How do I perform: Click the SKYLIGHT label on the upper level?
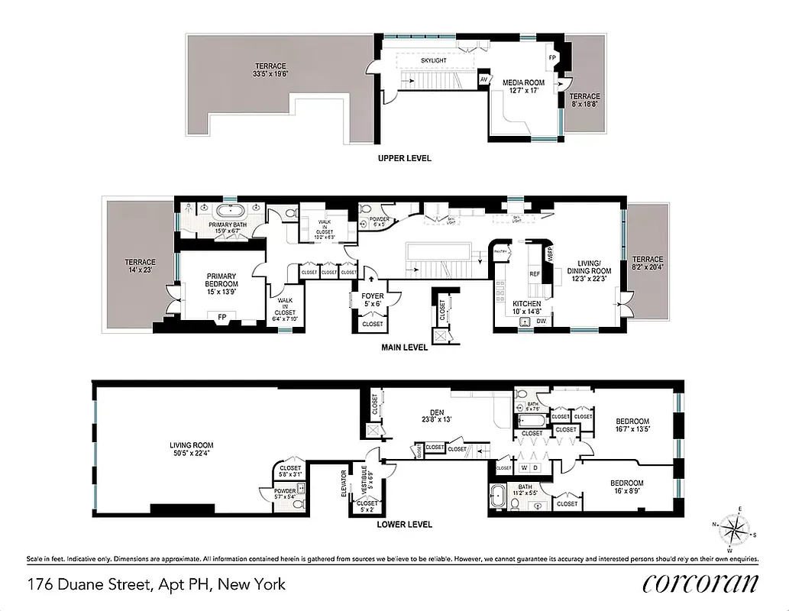[x=432, y=60]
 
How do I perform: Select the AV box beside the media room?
[x=483, y=79]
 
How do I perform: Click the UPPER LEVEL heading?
[x=405, y=158]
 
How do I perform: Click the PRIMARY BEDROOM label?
[x=220, y=280]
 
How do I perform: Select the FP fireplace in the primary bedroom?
[x=222, y=316]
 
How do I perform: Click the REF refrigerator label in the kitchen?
[x=535, y=273]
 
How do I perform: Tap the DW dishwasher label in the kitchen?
[x=541, y=322]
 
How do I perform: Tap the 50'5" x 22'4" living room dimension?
[x=192, y=454]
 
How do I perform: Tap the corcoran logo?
[x=700, y=584]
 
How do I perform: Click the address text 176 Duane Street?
[x=89, y=584]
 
